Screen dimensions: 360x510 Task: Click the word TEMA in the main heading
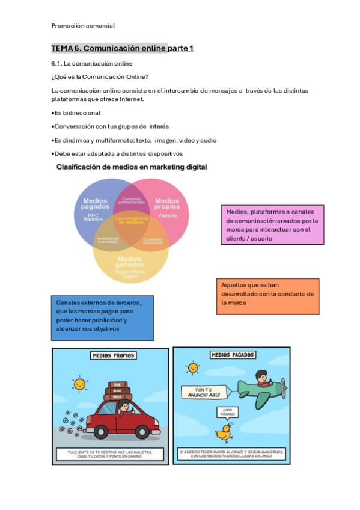point(62,48)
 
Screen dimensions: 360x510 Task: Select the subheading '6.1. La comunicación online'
point(92,63)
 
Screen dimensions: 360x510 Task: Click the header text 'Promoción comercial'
point(83,26)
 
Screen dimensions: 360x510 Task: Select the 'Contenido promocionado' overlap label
point(131,200)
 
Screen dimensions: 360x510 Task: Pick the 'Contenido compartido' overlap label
point(153,241)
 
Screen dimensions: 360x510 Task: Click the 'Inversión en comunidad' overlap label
point(108,240)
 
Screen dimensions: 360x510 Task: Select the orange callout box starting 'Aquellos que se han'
point(267,295)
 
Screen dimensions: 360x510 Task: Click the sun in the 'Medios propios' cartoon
point(78,383)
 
